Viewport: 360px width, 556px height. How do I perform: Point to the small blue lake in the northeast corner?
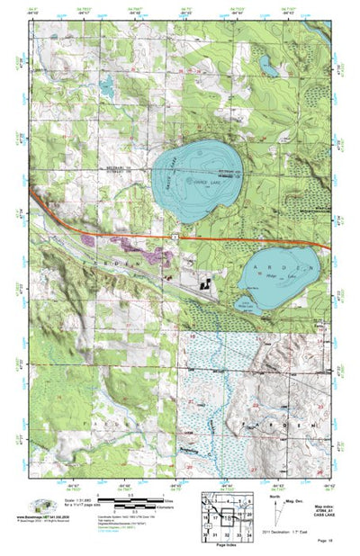coord(268,65)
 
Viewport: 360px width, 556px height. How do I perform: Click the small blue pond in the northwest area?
coord(106,88)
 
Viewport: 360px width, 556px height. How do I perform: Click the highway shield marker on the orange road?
coord(176,236)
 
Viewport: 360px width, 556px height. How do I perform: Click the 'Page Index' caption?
coord(221,540)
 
